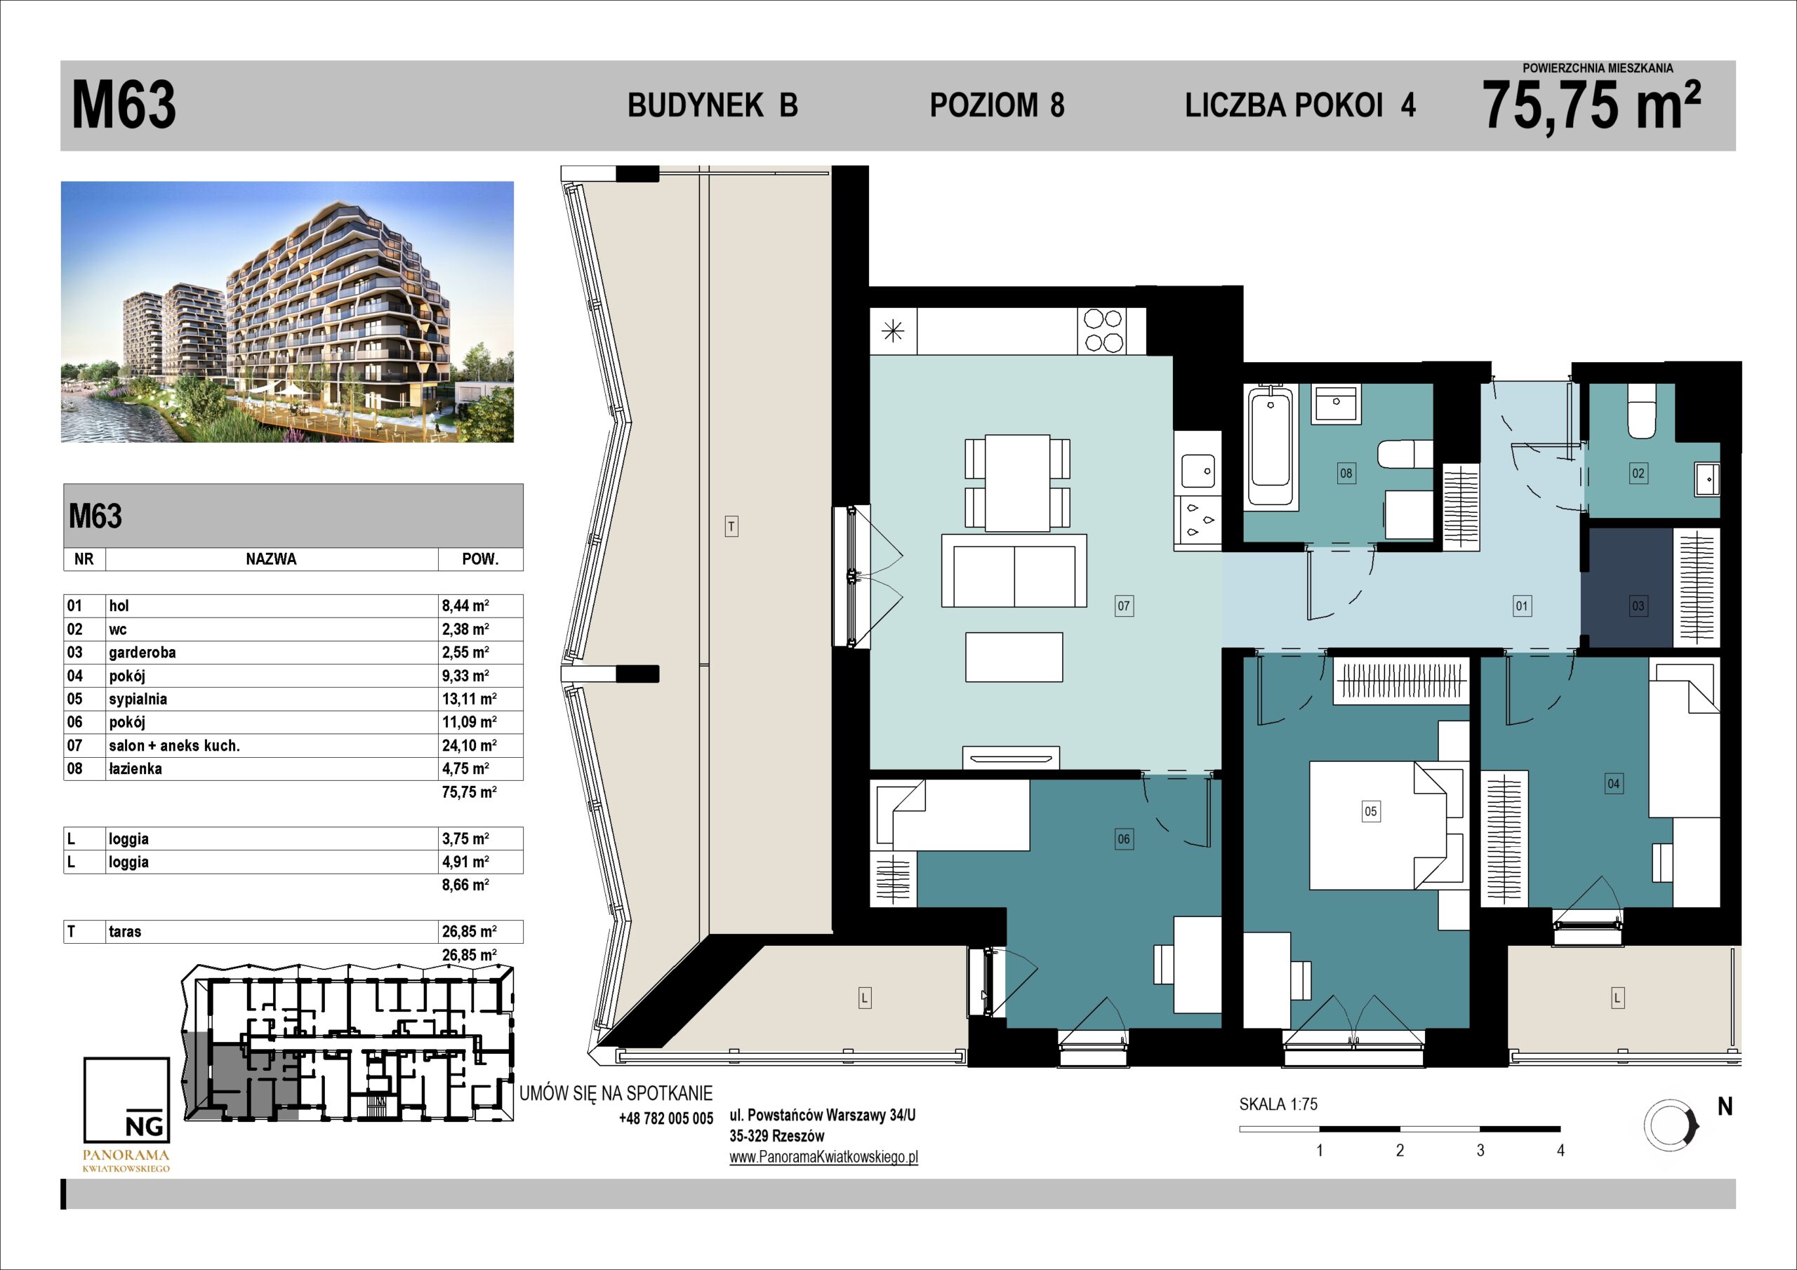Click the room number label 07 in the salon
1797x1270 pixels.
[x=1124, y=605]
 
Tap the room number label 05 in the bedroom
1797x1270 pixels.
[x=1370, y=811]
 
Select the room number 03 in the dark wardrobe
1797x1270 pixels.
[x=1638, y=605]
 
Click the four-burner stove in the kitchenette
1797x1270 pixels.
[x=1104, y=330]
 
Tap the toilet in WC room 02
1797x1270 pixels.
[x=1642, y=410]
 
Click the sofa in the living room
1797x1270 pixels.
[x=1014, y=571]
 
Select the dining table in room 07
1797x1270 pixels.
[x=1016, y=483]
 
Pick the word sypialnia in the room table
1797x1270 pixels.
[x=138, y=700]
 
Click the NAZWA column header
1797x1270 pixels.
[x=271, y=559]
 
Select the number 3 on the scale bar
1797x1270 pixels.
[x=1480, y=1150]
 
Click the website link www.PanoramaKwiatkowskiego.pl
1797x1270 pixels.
[x=823, y=1157]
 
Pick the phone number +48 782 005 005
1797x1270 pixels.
[x=665, y=1119]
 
